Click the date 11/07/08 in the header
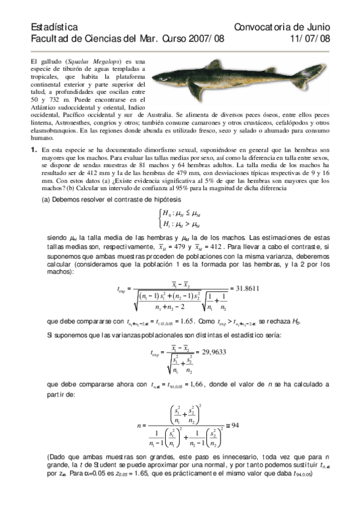click(x=310, y=38)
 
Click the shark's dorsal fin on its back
click(x=213, y=64)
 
